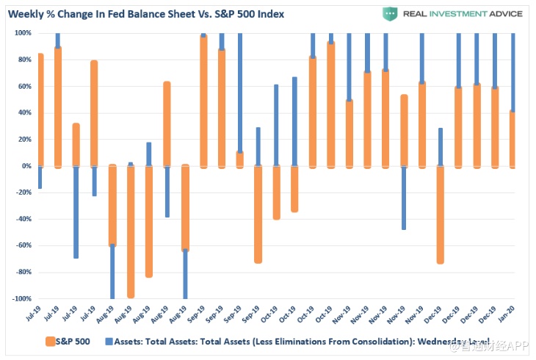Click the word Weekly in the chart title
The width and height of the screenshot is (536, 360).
[29, 13]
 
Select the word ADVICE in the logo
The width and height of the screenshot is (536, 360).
[502, 13]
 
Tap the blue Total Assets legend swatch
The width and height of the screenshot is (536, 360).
[109, 341]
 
